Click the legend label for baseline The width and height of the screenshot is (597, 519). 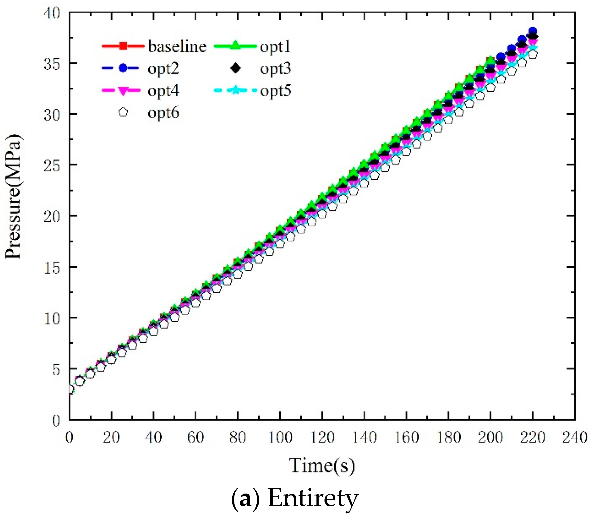pos(177,46)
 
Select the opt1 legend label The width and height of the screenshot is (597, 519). pos(275,46)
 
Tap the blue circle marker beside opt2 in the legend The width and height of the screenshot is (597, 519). pos(123,68)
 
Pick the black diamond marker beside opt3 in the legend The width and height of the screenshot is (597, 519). pos(236,68)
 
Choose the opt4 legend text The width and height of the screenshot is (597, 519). pos(163,91)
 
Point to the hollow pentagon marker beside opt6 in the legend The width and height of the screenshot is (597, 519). pos(123,112)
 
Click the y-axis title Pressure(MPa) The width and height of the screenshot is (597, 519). pos(13,196)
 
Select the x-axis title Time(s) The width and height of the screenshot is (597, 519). pos(322,466)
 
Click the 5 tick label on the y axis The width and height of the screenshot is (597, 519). pos(56,369)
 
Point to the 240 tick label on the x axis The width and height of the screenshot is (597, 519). pos(575,438)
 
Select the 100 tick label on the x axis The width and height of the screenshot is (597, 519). pos(280,438)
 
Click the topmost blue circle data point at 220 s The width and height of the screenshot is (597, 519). pos(533,31)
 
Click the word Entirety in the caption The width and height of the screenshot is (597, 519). pos(313,498)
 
